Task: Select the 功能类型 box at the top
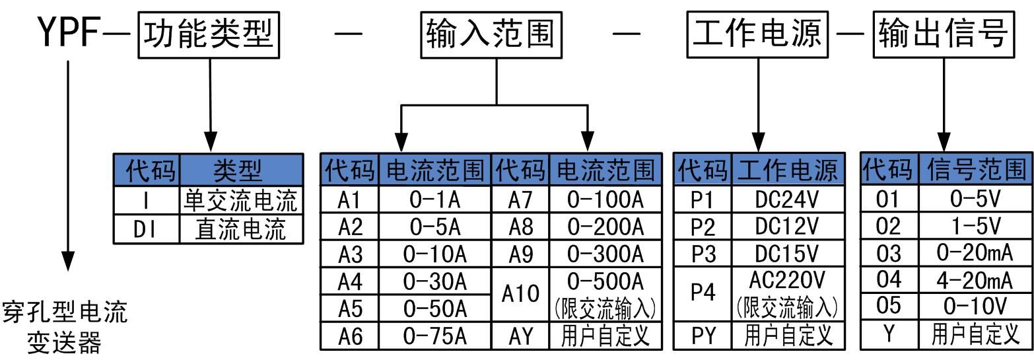207,34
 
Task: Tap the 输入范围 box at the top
489,34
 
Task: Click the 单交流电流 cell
240,200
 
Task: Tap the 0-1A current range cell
435,199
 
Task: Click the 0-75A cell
435,336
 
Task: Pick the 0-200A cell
605,227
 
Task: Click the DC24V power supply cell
786,199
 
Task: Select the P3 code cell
703,254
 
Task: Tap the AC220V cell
786,281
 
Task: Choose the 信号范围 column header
974,170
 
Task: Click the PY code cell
703,336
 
